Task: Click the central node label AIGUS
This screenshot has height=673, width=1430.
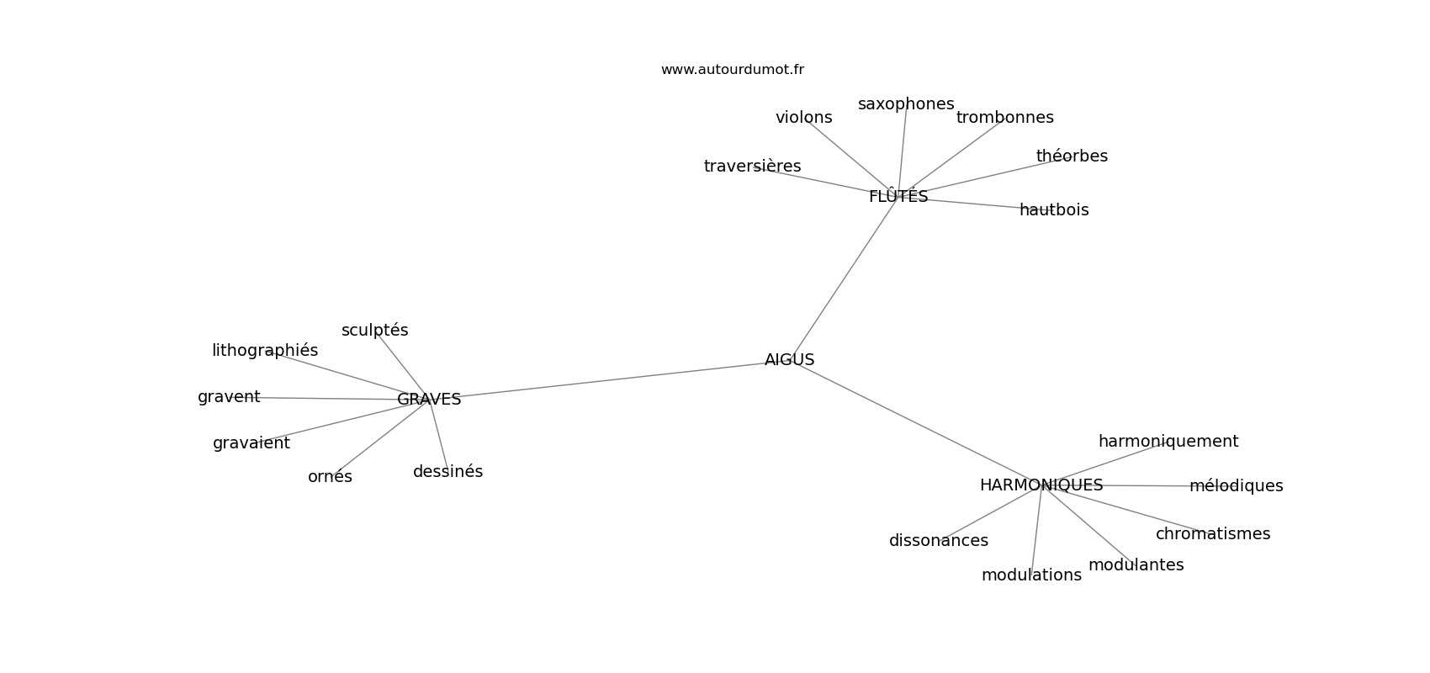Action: (789, 360)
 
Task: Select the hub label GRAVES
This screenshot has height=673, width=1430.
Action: (429, 400)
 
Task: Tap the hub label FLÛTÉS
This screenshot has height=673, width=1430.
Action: (898, 196)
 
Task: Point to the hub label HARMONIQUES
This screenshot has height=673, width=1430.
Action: (1041, 485)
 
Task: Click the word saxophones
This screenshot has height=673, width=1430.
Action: (906, 104)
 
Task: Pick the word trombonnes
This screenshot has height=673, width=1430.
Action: (1005, 118)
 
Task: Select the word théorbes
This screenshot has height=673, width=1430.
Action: (1072, 156)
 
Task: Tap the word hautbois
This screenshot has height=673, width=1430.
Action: (1054, 210)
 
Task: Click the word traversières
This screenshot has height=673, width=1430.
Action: (752, 166)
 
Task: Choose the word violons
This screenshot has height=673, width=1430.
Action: (803, 118)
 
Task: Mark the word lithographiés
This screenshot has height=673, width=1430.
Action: (265, 351)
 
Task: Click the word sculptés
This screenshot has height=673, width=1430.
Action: (374, 331)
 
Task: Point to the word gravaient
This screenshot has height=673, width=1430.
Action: (251, 443)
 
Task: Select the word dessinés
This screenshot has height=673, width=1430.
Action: (448, 472)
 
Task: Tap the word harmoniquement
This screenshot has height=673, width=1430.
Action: (1168, 442)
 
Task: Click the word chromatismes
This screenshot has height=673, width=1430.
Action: (1213, 534)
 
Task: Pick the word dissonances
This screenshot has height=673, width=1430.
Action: (939, 541)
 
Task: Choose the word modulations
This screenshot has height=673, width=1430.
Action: (1031, 575)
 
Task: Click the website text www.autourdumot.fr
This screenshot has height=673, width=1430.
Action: (732, 70)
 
